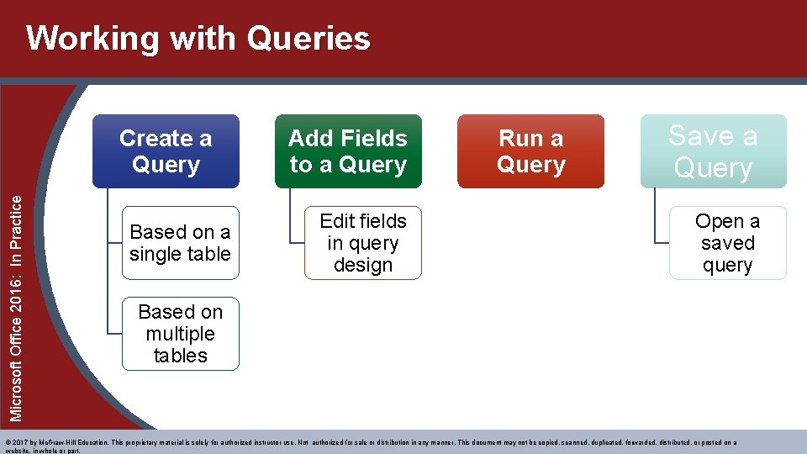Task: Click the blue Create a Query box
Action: click(166, 151)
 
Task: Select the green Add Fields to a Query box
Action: click(348, 151)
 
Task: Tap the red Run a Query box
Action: click(530, 151)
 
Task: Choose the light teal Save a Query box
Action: click(713, 151)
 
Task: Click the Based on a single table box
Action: click(180, 243)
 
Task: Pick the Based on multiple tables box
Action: click(180, 334)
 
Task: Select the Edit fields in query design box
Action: click(362, 243)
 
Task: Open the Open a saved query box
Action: click(727, 243)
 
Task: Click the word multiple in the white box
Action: click(180, 334)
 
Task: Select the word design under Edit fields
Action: click(363, 265)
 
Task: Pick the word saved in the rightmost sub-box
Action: click(727, 243)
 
